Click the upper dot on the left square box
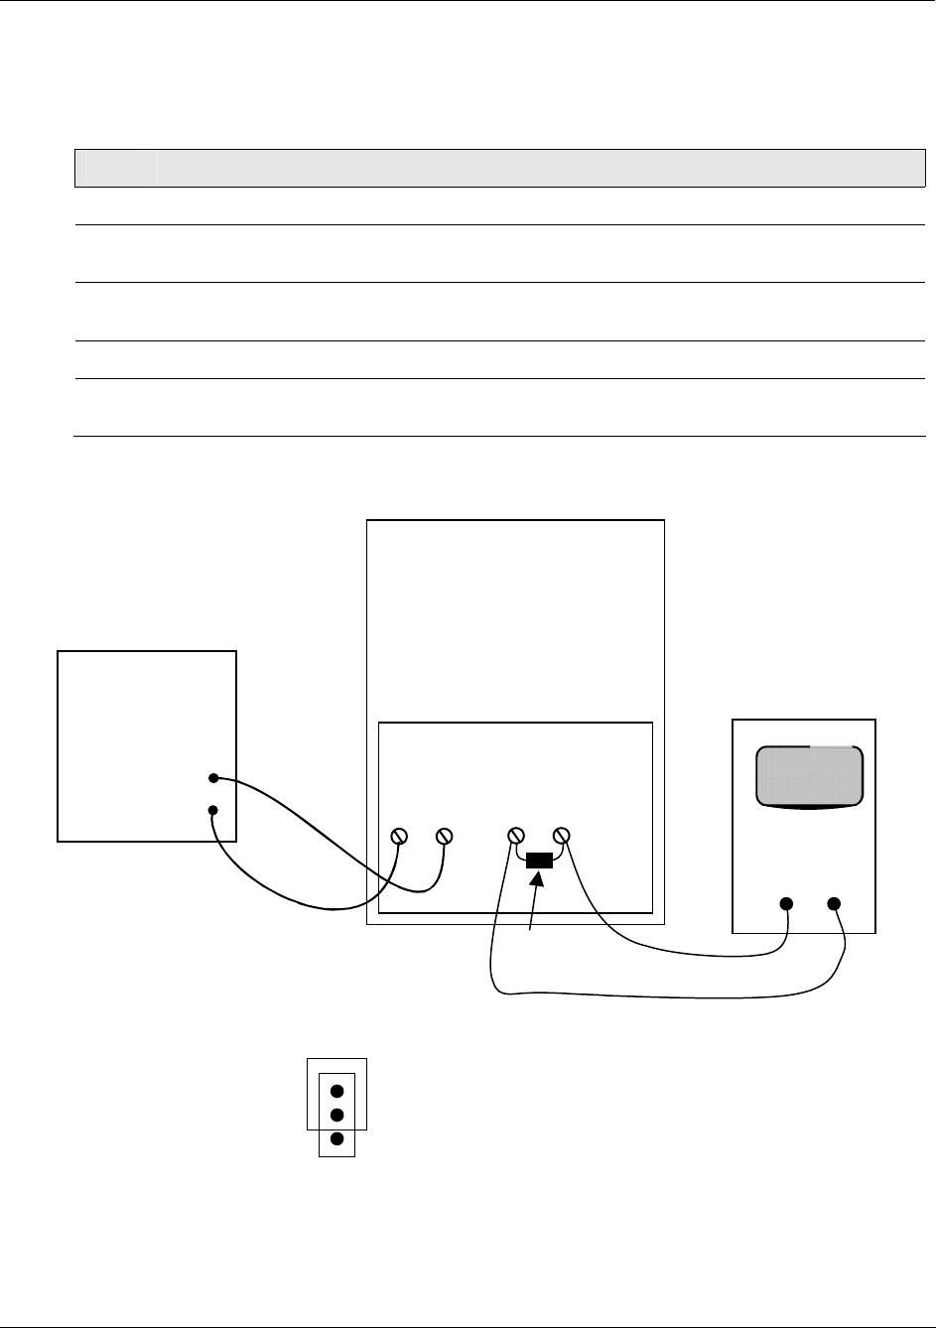pyautogui.click(x=213, y=778)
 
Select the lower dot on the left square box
pyautogui.click(x=213, y=811)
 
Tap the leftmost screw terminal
pyautogui.click(x=399, y=836)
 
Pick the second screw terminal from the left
pyautogui.click(x=445, y=836)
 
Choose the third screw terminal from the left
pyautogui.click(x=516, y=836)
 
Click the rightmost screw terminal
pyautogui.click(x=562, y=836)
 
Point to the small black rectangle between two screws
pyautogui.click(x=539, y=861)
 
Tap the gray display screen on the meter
pyautogui.click(x=809, y=776)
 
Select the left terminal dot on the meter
pyautogui.click(x=786, y=903)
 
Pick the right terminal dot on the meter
pyautogui.click(x=834, y=903)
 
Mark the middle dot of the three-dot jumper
pyautogui.click(x=336, y=1115)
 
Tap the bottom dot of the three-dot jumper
pyautogui.click(x=336, y=1139)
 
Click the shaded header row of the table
pyautogui.click(x=500, y=168)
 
